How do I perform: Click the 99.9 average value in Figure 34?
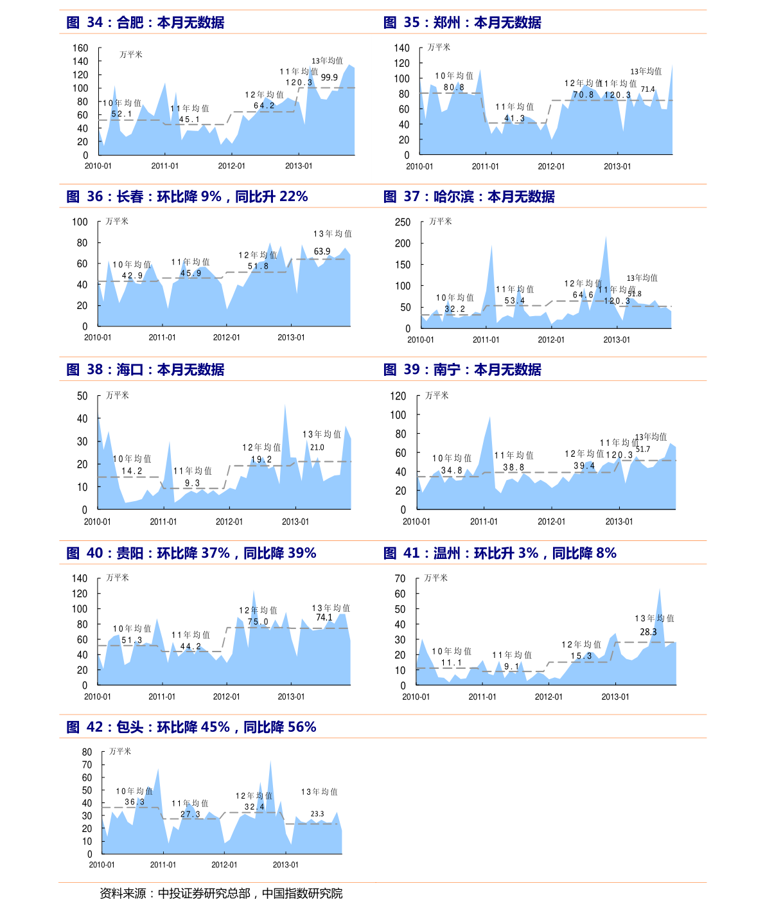[x=329, y=77]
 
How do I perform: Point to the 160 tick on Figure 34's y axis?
[x=80, y=48]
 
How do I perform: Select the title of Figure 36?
[x=187, y=197]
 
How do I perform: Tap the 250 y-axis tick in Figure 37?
[x=403, y=222]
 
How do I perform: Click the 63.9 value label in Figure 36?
[x=322, y=252]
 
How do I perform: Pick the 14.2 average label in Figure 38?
[x=132, y=471]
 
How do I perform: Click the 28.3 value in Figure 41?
[x=648, y=632]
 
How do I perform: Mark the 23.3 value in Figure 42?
[x=317, y=813]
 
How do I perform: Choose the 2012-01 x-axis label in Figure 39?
[x=551, y=522]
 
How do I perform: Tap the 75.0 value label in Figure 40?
[x=258, y=621]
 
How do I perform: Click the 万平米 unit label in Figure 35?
[x=439, y=48]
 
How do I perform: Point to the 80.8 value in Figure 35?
[x=453, y=87]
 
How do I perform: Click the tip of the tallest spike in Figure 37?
[x=605, y=236]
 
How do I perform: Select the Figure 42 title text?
[x=191, y=727]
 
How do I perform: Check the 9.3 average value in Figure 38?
[x=192, y=483]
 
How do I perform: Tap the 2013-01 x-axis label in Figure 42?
[x=285, y=865]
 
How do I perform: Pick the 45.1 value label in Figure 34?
[x=189, y=120]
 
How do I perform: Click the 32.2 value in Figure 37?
[x=454, y=309]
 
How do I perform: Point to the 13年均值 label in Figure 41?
[x=655, y=618]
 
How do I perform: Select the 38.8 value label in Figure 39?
[x=513, y=468]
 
